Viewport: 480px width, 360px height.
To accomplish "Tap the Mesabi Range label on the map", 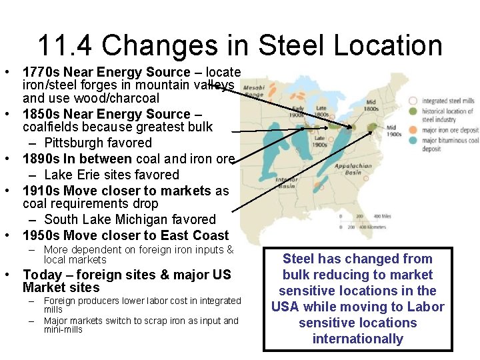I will coord(253,90).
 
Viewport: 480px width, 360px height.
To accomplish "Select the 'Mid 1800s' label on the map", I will coord(371,106).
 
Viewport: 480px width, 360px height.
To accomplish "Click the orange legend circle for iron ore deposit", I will coord(414,130).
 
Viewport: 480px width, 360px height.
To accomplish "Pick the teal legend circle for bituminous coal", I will coord(414,140).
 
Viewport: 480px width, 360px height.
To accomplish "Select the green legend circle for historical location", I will coord(414,111).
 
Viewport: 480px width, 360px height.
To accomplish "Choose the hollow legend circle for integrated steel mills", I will coord(414,101).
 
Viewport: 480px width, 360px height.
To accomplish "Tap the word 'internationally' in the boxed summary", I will coord(357,339).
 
